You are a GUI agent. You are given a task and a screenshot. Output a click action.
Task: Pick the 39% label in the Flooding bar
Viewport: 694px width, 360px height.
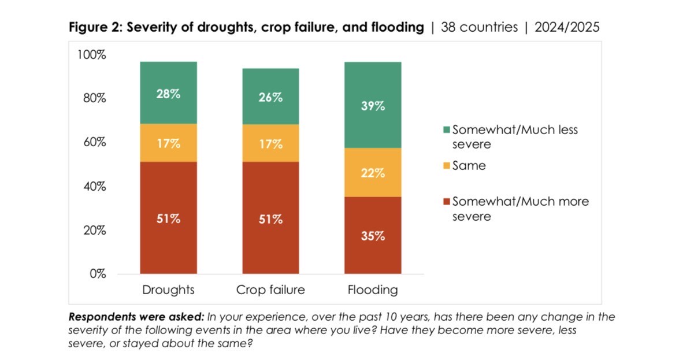coord(373,106)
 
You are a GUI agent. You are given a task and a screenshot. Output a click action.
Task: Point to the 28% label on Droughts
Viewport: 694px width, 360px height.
coord(168,94)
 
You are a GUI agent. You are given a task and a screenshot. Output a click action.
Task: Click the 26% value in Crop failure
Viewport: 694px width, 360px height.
coord(270,97)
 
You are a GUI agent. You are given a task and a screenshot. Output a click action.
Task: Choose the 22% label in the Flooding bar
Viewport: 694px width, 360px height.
coord(373,173)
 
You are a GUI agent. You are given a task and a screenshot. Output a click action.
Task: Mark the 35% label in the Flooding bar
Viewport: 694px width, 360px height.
coord(373,236)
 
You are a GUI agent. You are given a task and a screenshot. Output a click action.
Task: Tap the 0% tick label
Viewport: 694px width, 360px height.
coord(98,273)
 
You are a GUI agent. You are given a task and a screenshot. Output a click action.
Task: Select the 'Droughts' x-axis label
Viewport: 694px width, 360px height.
coord(168,290)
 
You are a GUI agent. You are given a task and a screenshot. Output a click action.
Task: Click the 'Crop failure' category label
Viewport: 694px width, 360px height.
coord(270,290)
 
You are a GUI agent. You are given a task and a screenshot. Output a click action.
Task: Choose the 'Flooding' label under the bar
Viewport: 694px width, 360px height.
coord(373,290)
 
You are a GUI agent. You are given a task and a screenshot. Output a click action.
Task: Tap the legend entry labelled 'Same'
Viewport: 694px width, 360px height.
coord(469,166)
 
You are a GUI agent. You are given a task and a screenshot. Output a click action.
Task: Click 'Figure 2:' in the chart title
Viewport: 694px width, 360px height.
coord(95,27)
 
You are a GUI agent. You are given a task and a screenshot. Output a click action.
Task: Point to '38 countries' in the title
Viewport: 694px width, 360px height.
coord(479,27)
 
